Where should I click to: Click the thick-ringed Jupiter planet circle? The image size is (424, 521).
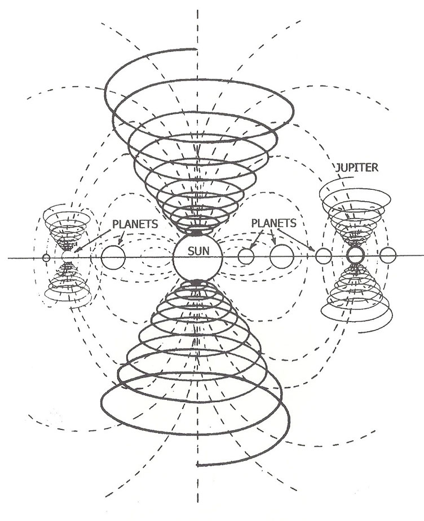click(355, 255)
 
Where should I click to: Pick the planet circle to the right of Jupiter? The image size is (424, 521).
click(387, 255)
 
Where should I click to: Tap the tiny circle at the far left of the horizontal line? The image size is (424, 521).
click(46, 257)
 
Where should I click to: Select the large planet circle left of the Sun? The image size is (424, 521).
click(113, 257)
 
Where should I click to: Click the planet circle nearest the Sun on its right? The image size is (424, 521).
click(246, 256)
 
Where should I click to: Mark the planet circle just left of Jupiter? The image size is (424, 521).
click(323, 256)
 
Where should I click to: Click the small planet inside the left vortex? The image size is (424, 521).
click(68, 257)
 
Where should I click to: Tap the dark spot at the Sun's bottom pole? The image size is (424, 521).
click(196, 281)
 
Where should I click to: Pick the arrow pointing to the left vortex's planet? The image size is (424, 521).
click(93, 241)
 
